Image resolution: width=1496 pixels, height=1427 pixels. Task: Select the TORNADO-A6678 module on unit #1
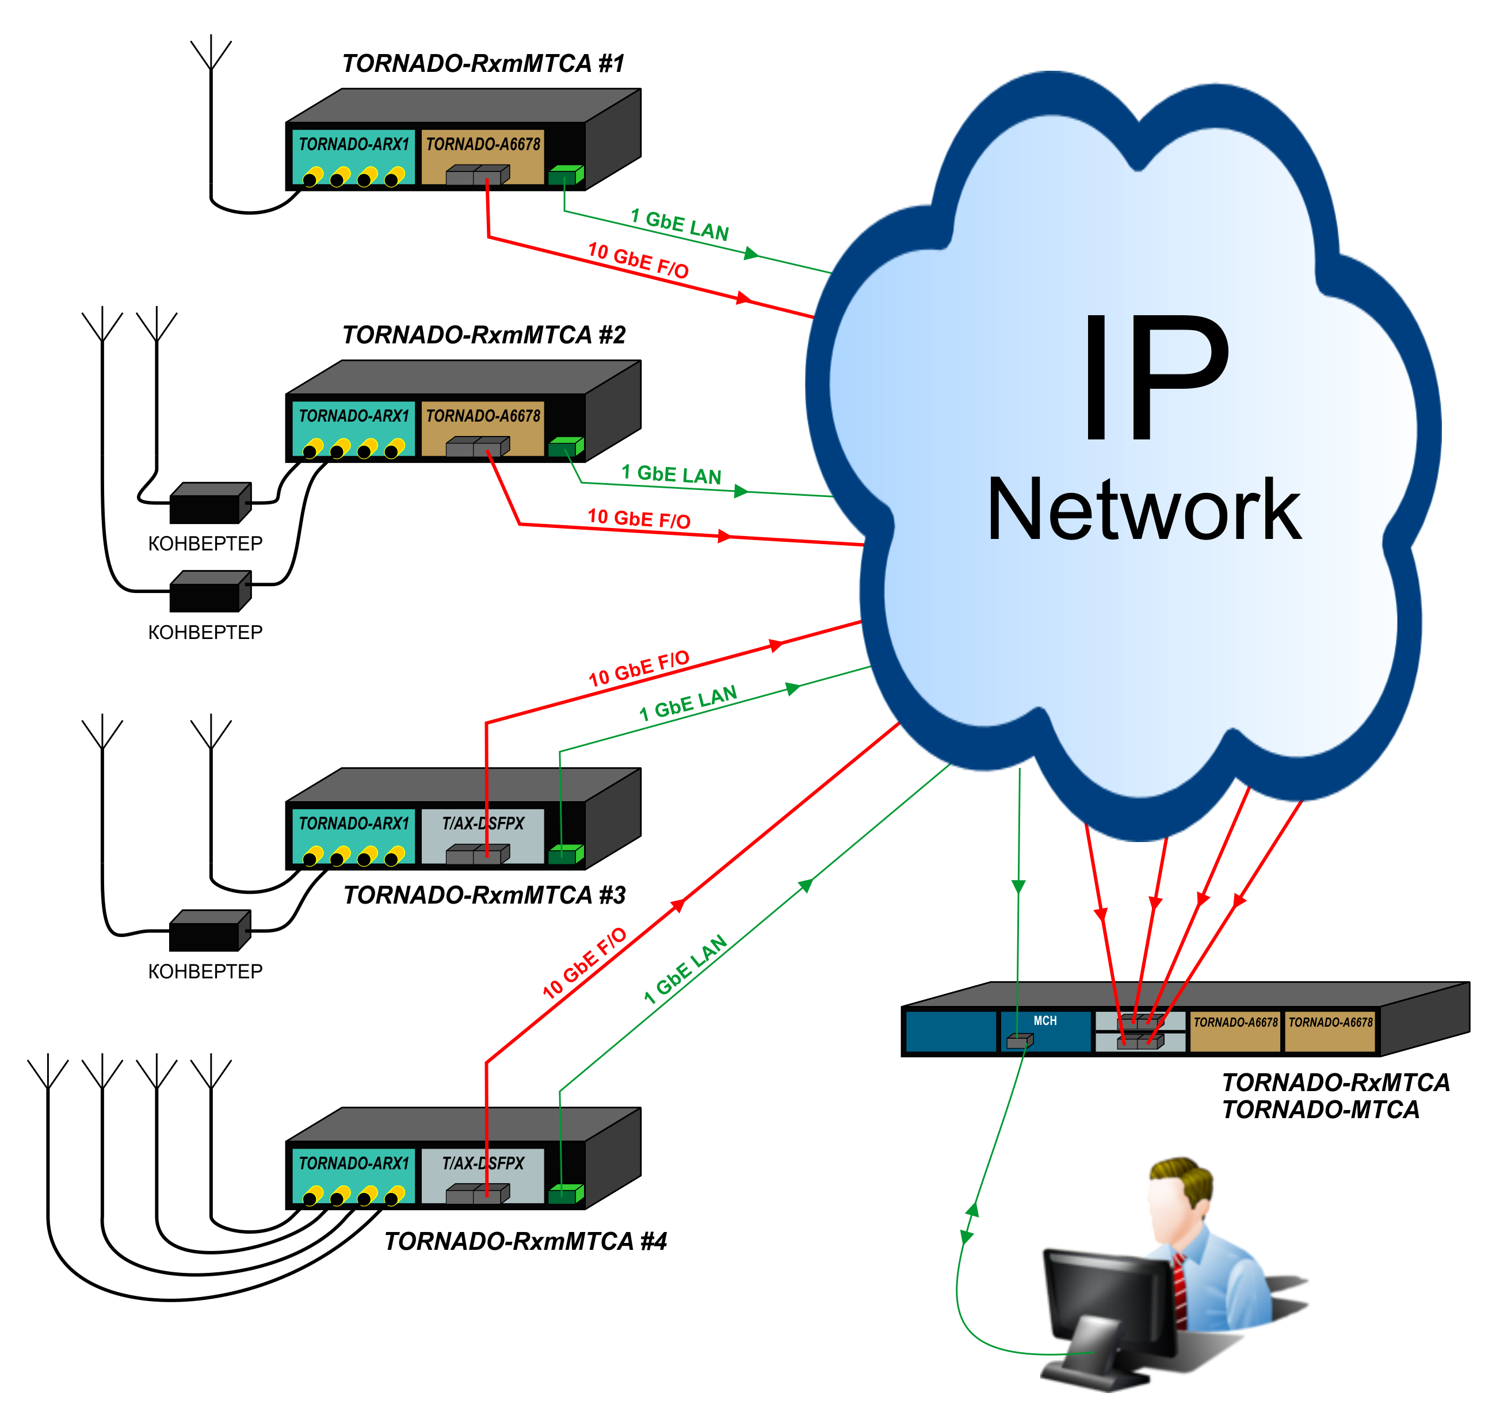pos(482,156)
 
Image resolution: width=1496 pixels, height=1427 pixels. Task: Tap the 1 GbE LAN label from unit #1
pos(680,225)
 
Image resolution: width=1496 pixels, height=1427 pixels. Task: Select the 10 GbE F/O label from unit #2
pos(639,519)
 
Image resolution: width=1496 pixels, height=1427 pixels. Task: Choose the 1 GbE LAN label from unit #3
pos(688,703)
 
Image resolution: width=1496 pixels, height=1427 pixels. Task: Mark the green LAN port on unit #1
pos(564,175)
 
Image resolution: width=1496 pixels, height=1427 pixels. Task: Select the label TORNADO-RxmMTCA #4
pos(525,1241)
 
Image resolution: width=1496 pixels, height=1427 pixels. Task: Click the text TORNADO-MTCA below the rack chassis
pos(1321,1110)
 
